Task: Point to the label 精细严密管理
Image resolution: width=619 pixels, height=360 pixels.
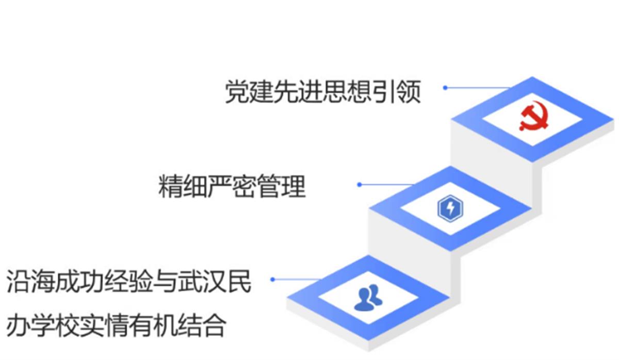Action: coord(232,187)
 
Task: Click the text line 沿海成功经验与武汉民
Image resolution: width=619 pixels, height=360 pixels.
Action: coord(129,282)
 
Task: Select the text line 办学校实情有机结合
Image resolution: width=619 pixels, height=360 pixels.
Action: coord(117,325)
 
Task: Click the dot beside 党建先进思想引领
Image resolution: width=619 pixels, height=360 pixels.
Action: coord(445,88)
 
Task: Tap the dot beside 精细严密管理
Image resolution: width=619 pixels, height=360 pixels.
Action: coord(360,184)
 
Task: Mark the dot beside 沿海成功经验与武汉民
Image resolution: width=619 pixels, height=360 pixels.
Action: coord(272,279)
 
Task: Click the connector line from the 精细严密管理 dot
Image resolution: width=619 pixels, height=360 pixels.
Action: coord(387,184)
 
